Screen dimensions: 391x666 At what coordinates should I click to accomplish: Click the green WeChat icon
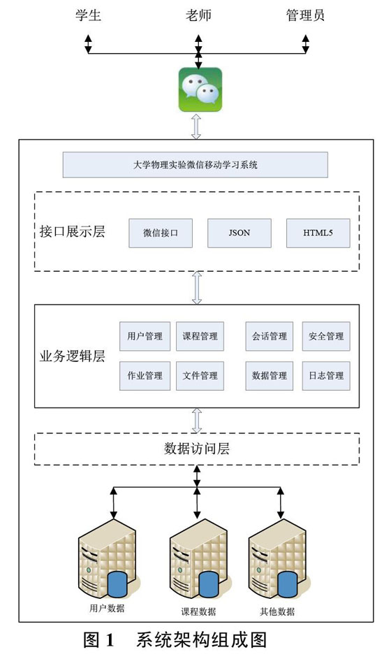(x=200, y=89)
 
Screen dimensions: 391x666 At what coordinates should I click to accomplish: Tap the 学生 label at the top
(x=88, y=15)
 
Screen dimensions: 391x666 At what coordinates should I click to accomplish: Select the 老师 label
(x=198, y=15)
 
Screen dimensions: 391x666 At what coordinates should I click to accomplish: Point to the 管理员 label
(x=305, y=15)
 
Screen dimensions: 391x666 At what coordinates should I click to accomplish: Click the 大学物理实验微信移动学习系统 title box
(x=195, y=165)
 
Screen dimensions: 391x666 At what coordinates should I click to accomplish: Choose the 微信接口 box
(x=161, y=233)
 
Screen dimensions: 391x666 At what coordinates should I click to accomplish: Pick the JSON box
(x=239, y=233)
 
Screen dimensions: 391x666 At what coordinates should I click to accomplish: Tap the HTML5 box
(x=318, y=233)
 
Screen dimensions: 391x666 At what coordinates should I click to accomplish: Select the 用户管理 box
(x=145, y=336)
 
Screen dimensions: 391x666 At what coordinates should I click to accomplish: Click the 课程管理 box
(x=200, y=336)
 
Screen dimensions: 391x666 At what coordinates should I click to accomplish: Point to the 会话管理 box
(x=269, y=336)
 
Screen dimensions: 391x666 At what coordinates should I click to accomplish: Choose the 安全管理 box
(x=326, y=336)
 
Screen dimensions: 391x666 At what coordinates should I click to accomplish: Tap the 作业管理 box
(x=145, y=376)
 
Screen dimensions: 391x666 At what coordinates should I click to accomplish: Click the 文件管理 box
(x=200, y=376)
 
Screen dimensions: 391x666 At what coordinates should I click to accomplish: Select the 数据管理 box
(x=269, y=376)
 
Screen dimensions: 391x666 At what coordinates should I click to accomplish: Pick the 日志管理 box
(x=326, y=376)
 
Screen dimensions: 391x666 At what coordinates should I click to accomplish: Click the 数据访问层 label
(x=197, y=449)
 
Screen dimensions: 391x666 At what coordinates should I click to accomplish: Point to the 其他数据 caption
(x=277, y=611)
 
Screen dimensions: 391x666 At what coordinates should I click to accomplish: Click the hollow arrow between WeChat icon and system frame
(x=196, y=126)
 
